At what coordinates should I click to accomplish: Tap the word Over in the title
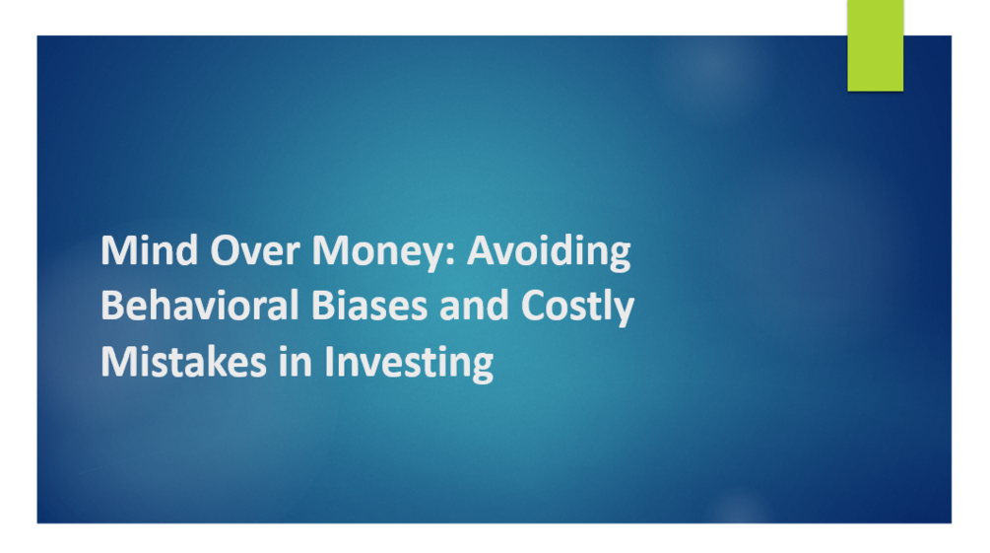click(x=241, y=252)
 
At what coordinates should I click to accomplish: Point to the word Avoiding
click(x=549, y=252)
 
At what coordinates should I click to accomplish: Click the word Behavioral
click(x=183, y=307)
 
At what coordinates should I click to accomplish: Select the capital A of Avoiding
click(x=481, y=252)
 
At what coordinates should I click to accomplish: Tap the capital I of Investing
click(x=330, y=362)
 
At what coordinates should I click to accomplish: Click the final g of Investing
click(x=481, y=367)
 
